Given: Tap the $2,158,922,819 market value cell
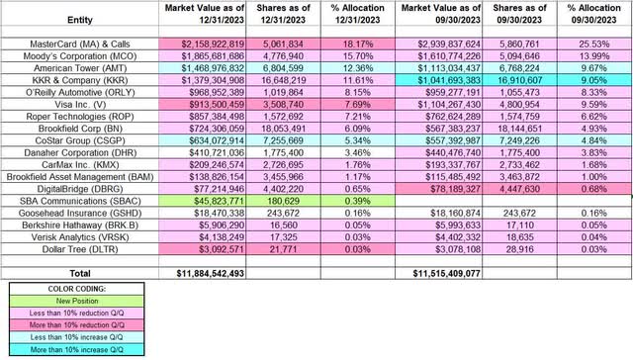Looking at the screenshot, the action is [210, 45].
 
